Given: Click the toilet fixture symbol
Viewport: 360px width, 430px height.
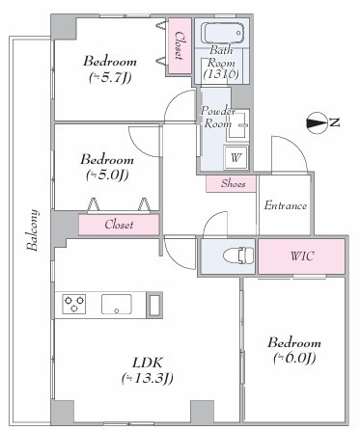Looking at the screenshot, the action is coord(238,255).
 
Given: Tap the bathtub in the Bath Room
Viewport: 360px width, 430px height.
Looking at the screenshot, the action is coord(222,33).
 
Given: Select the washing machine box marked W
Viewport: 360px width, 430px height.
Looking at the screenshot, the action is coord(235,157).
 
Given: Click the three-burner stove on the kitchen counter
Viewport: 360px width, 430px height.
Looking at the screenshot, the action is coord(74,304).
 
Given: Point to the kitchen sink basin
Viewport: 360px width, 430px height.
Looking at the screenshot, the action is coord(117,304).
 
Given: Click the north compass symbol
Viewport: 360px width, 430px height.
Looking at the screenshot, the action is coord(317,122).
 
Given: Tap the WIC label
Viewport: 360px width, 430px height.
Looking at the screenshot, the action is coord(302,256).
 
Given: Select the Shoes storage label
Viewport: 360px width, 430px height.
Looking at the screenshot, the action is coord(234,183).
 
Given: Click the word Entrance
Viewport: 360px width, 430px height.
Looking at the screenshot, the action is coord(285,205).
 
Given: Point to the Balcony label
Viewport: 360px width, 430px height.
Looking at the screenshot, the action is coord(32,230).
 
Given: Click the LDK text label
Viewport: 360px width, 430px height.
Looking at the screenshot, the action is coord(148,363).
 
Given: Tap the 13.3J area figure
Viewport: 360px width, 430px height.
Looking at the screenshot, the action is coord(148,378).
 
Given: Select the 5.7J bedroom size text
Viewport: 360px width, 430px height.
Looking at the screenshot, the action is coord(110,77).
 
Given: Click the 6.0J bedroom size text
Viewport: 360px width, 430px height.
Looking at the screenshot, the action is coord(294,358).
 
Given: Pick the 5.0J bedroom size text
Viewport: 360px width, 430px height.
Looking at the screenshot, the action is coord(107,175).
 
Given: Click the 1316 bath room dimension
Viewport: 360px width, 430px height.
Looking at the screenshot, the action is coord(221,74).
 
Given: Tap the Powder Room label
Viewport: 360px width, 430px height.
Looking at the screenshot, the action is coord(217,117).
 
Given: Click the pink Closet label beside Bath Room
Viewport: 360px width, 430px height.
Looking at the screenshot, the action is coord(179,45).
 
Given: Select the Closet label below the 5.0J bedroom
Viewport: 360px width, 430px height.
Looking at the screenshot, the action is coord(119,225).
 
